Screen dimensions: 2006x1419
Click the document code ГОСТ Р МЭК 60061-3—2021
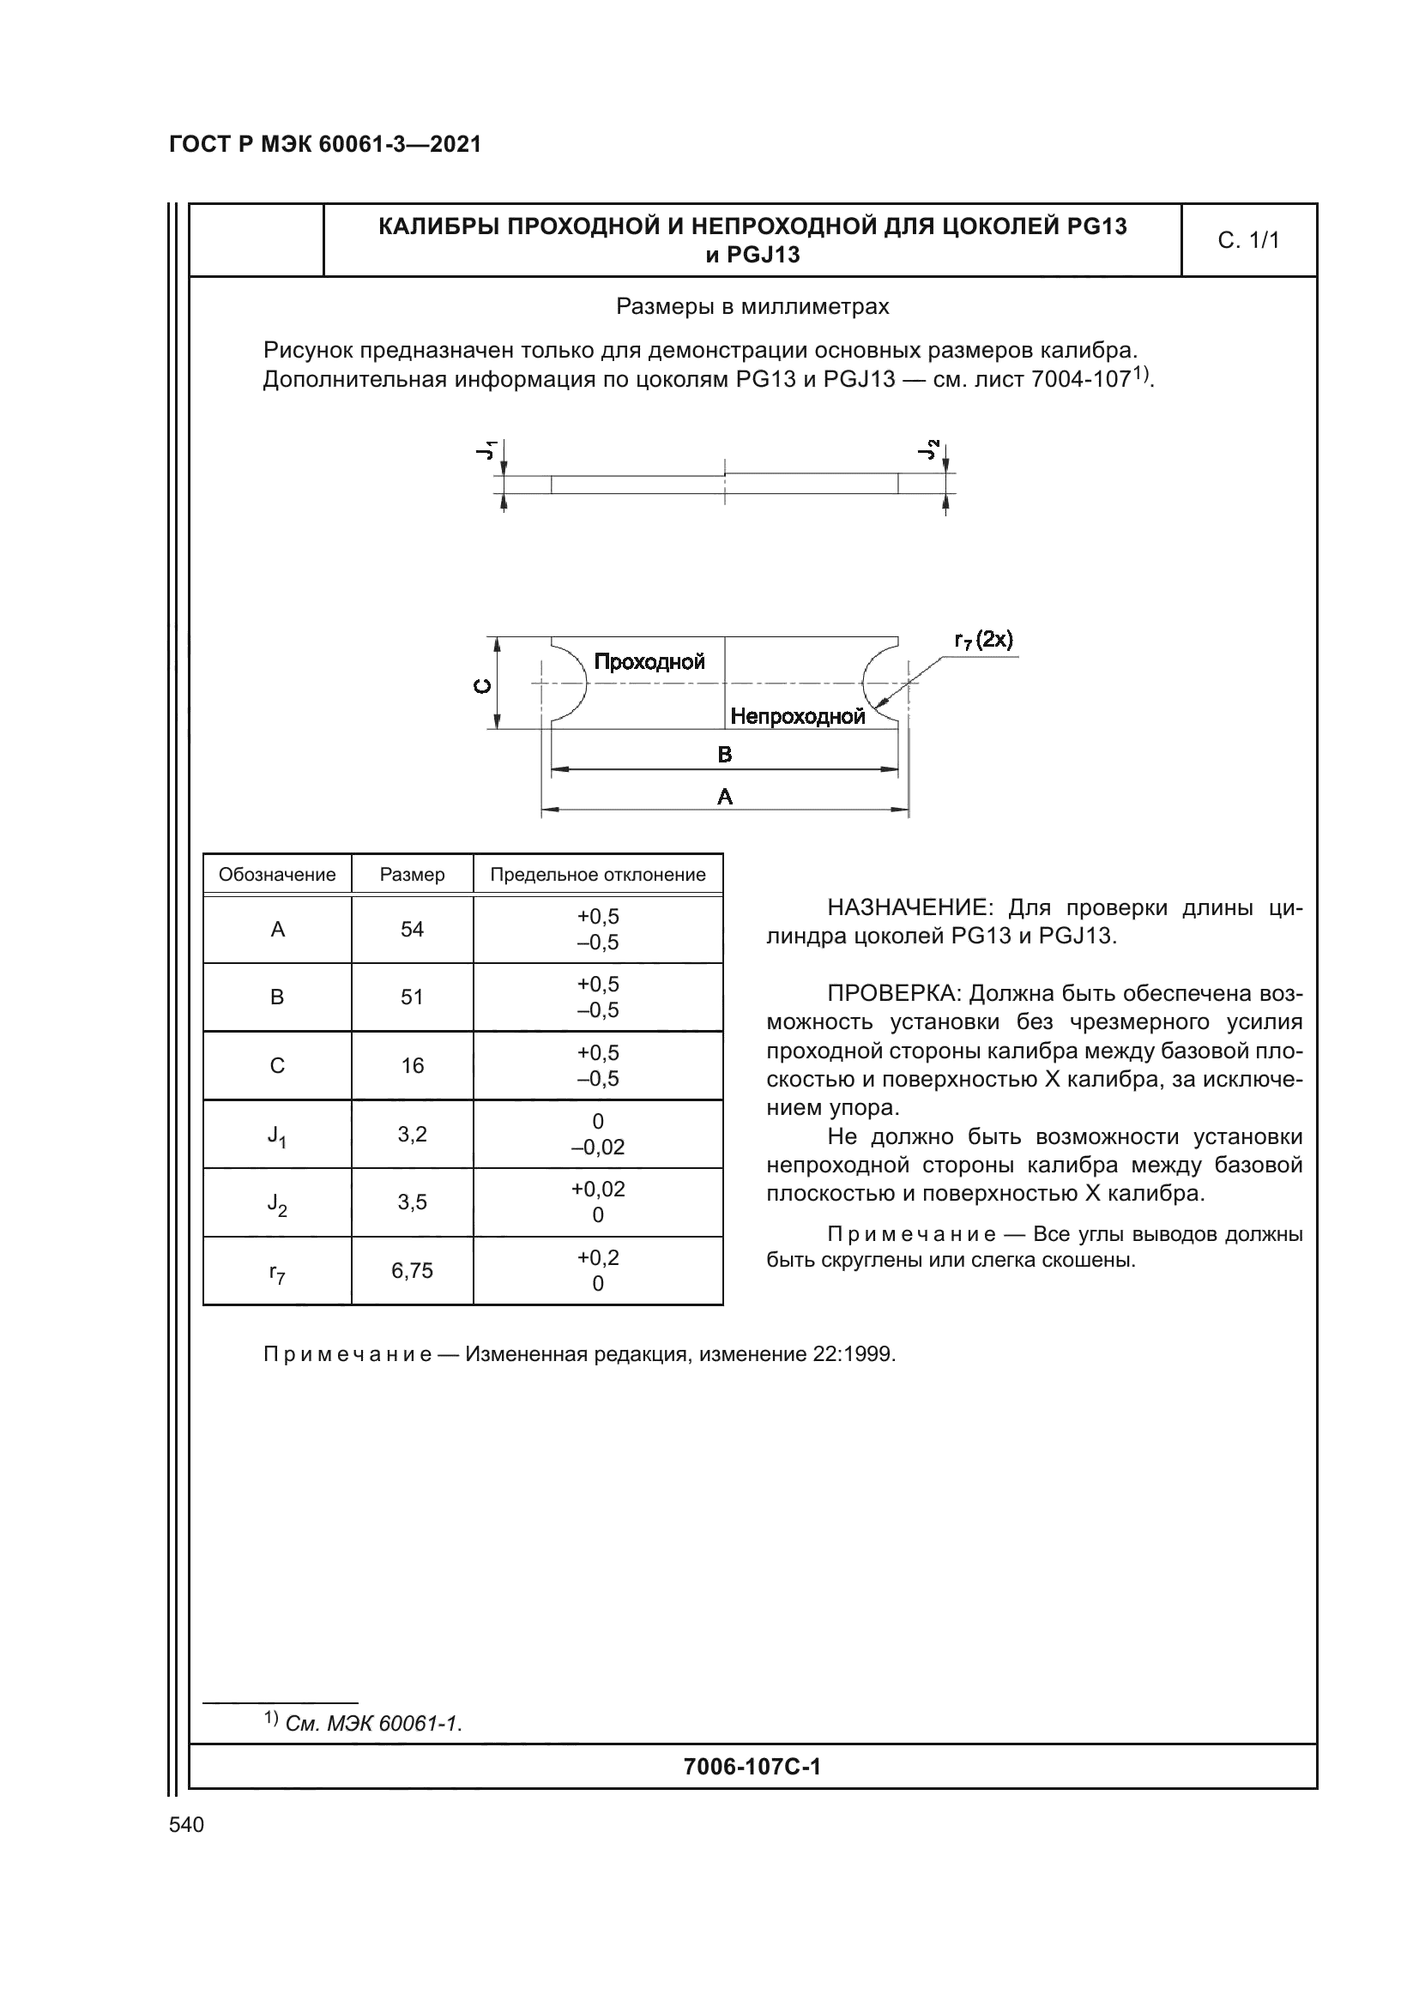325,144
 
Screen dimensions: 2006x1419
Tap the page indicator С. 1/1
1247,240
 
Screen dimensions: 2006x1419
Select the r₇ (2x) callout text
983,641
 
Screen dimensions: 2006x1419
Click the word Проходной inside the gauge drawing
649,661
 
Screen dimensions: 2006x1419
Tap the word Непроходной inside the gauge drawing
797,716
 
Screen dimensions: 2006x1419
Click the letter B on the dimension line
724,754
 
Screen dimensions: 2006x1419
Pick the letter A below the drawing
724,796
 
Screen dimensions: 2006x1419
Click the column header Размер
412,875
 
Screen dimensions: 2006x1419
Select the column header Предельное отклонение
598,875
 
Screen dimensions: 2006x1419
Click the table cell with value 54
412,930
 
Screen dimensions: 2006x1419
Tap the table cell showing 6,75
412,1270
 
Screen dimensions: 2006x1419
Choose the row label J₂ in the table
277,1204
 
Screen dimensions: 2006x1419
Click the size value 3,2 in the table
412,1134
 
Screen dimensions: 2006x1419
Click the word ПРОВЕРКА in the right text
893,993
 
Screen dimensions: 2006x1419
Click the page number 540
186,1824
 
